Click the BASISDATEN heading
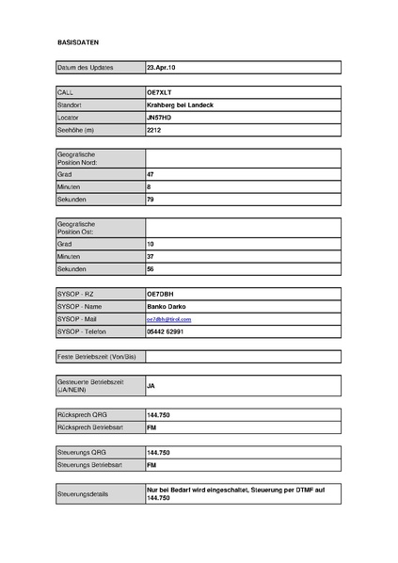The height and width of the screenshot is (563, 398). (x=78, y=43)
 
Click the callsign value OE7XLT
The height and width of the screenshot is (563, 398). (x=161, y=92)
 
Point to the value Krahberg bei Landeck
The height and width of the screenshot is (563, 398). (x=181, y=105)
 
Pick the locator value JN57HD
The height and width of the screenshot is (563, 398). (x=160, y=117)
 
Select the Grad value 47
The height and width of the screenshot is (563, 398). (x=151, y=174)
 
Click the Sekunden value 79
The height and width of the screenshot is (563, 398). (x=151, y=200)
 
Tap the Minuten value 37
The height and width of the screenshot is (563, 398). (x=151, y=256)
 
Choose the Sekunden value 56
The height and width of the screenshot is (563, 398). (x=151, y=268)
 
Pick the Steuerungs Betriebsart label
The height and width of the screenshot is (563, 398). (x=89, y=464)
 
